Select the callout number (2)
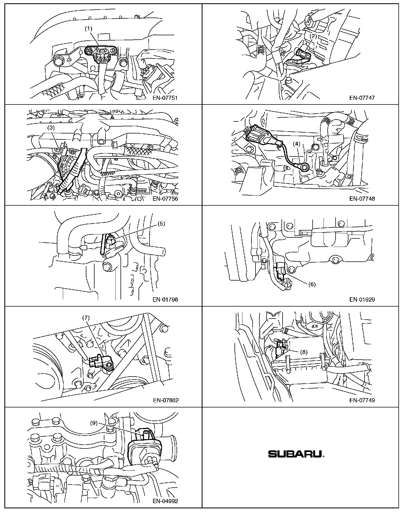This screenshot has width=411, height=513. pyautogui.click(x=313, y=36)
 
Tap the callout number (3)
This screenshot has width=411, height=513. pyautogui.click(x=51, y=127)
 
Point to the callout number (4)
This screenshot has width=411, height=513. pyautogui.click(x=297, y=143)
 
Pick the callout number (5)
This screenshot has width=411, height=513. pyautogui.click(x=161, y=223)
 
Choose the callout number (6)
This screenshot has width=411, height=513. pyautogui.click(x=312, y=284)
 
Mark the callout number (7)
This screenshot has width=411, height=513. pyautogui.click(x=86, y=318)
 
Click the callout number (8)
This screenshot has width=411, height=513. pyautogui.click(x=304, y=352)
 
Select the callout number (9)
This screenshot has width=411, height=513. pyautogui.click(x=94, y=423)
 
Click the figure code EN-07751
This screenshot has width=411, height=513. pyautogui.click(x=165, y=98)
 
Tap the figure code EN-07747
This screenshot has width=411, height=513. pyautogui.click(x=362, y=98)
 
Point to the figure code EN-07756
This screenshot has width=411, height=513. pyautogui.click(x=165, y=199)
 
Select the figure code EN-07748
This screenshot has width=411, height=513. pyautogui.click(x=362, y=199)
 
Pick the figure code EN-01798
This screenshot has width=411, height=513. pyautogui.click(x=165, y=299)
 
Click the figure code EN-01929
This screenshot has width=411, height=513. pyautogui.click(x=362, y=299)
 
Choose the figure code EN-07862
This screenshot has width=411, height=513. pyautogui.click(x=165, y=400)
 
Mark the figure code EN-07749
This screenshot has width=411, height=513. pyautogui.click(x=362, y=400)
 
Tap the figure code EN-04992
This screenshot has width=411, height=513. pyautogui.click(x=165, y=501)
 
